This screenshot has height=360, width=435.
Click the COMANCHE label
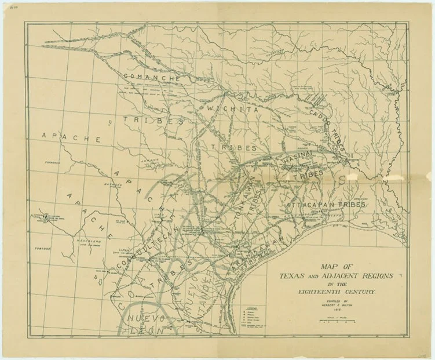coord(152,77)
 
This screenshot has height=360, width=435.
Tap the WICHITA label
coord(228,108)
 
